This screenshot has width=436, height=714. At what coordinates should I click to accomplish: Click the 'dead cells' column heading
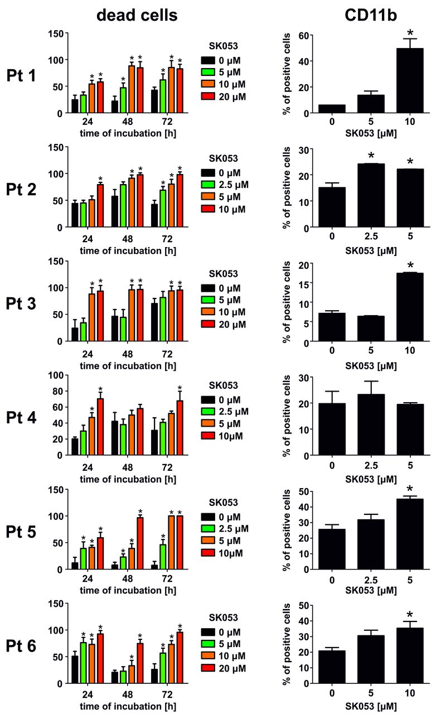click(x=137, y=16)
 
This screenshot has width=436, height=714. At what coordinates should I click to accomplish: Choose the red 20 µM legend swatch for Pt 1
click(x=209, y=97)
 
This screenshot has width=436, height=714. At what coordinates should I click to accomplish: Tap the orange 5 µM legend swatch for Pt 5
click(x=209, y=541)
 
